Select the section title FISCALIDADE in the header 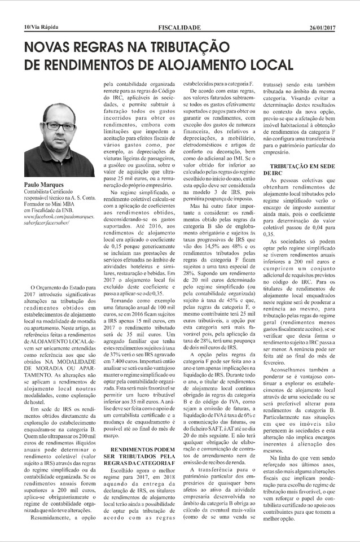tap(179, 27)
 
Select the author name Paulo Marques tap(46, 185)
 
